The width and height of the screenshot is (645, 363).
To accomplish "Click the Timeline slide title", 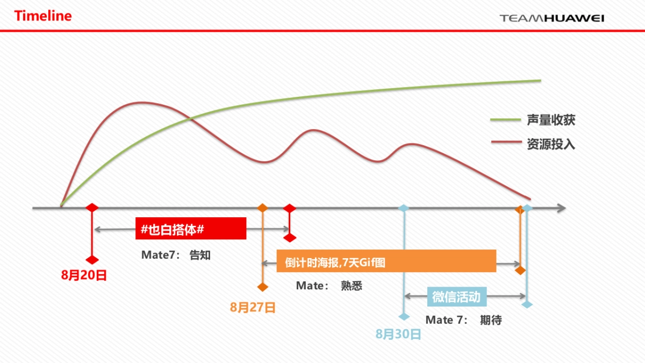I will [43, 16].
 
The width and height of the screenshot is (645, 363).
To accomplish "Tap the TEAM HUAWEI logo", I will [552, 18].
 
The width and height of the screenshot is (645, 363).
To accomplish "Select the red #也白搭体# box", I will [190, 229].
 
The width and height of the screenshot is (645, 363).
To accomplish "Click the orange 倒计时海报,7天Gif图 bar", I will [386, 261].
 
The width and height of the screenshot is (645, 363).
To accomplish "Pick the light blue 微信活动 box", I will [456, 296].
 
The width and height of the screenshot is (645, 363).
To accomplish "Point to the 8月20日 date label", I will [84, 276].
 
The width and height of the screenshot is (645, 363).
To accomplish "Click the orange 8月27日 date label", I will [253, 308].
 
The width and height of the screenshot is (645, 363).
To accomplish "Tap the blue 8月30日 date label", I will [398, 334].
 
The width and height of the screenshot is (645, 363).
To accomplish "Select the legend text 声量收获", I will [551, 120].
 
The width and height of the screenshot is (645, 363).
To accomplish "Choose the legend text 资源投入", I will [551, 144].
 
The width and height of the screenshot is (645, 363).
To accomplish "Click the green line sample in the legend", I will [506, 120].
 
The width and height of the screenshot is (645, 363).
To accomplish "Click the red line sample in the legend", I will [506, 143].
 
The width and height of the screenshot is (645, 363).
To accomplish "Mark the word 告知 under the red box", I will [200, 255].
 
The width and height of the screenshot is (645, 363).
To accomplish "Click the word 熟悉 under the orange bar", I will [352, 286].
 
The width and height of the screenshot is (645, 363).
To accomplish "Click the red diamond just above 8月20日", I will [92, 260].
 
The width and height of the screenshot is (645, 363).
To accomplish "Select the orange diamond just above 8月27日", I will [262, 287].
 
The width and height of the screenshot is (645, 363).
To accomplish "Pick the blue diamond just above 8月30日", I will [404, 316].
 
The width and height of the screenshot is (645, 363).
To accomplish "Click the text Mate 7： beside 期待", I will [447, 321].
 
